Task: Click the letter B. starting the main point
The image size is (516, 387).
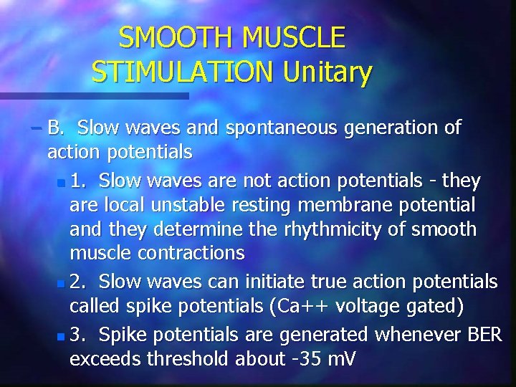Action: [x=57, y=128]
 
